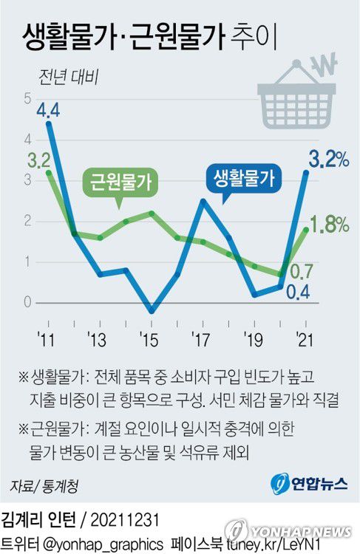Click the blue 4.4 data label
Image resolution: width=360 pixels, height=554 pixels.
coord(48,111)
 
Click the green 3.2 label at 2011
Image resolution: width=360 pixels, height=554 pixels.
coord(38,160)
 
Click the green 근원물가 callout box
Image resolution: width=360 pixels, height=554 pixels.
coord(120,182)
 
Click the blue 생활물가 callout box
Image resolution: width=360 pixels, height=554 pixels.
coord(243,178)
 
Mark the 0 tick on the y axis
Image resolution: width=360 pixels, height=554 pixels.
coord(27,302)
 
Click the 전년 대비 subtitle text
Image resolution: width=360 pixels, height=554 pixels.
coord(64,75)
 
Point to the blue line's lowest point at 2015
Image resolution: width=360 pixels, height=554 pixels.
coord(152,311)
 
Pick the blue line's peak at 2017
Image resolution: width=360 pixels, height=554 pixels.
coord(203,201)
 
